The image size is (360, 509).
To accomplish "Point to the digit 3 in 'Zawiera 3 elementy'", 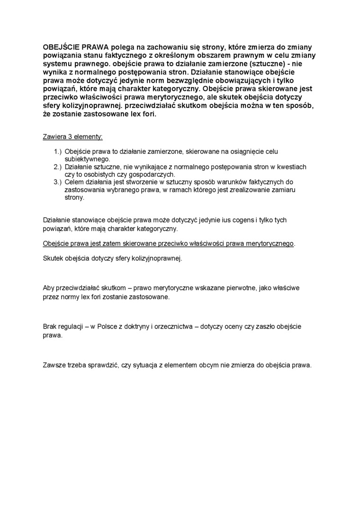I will click(71, 137).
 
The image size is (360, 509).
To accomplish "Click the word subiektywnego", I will click(87, 159).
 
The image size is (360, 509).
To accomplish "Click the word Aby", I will click(49, 288).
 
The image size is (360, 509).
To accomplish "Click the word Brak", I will click(50, 327).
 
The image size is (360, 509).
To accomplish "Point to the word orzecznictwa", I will click(171, 327).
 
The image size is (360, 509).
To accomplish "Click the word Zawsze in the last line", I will click(54, 365).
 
